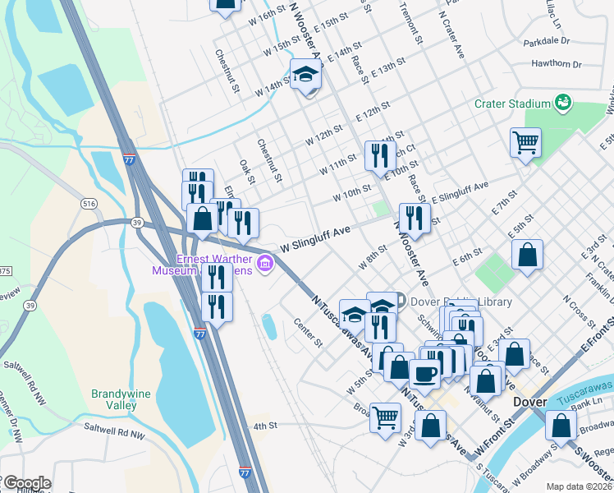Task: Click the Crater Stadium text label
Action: point(511,104)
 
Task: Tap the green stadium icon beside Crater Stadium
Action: point(563,103)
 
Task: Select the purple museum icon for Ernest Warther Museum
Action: point(265,264)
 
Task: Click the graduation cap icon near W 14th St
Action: point(306,75)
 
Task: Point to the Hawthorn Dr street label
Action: point(556,63)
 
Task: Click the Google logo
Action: point(26,483)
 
